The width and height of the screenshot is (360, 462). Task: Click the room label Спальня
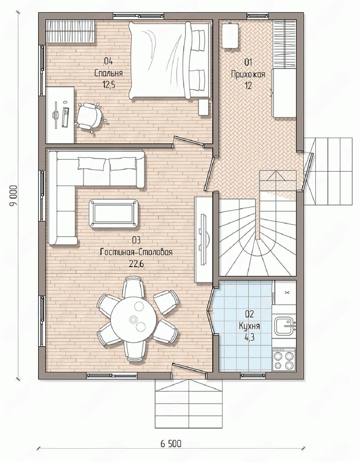click(108, 73)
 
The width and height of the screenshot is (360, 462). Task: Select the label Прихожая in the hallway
click(248, 75)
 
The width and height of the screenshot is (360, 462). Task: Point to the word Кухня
click(250, 326)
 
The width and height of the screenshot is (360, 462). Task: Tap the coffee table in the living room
click(113, 213)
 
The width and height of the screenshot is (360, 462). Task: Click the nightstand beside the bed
click(204, 107)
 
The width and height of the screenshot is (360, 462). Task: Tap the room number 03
click(136, 241)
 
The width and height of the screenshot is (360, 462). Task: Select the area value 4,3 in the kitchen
click(250, 337)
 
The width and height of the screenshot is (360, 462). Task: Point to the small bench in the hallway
click(230, 36)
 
